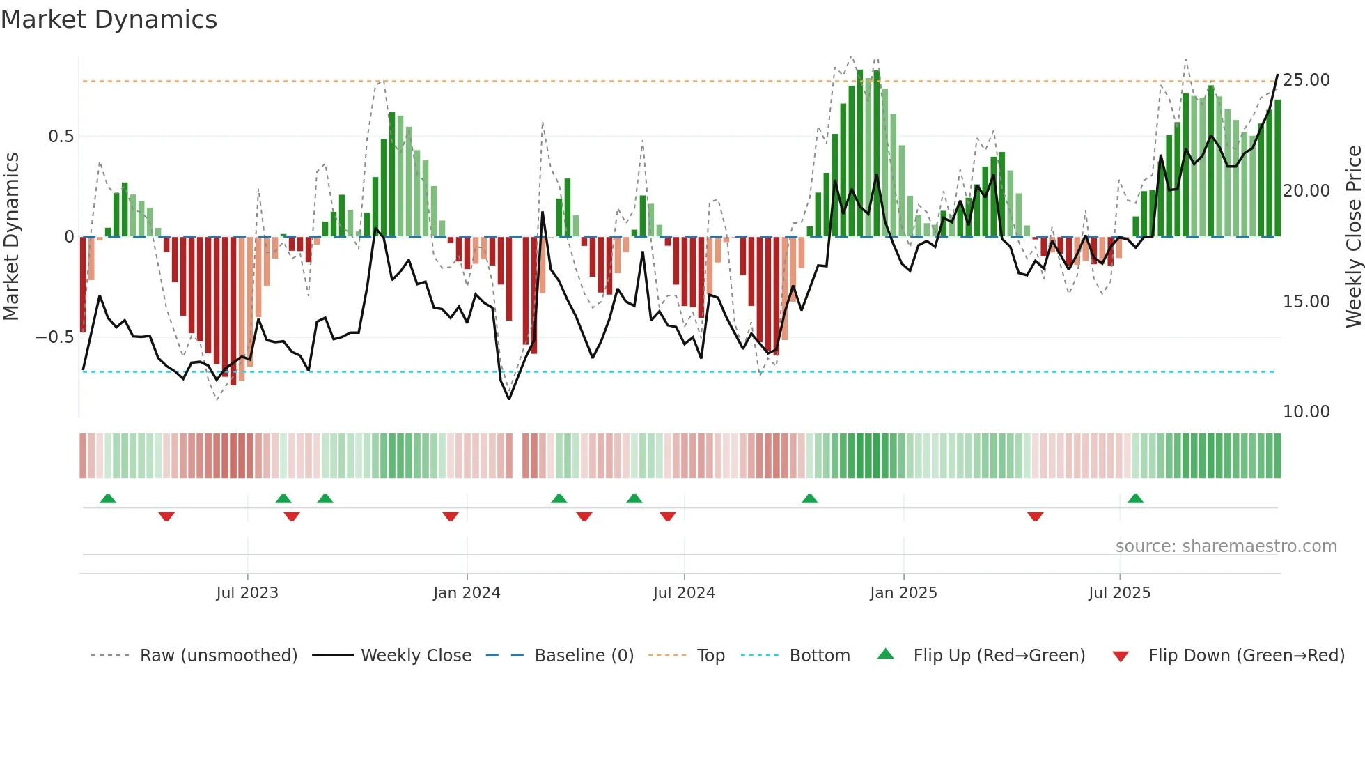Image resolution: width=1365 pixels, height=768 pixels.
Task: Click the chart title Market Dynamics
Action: click(109, 20)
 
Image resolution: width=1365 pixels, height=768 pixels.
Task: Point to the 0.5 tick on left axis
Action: click(61, 137)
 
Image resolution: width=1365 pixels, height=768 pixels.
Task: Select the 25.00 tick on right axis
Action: click(1306, 80)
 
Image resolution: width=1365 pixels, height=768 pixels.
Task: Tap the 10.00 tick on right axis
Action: click(1306, 412)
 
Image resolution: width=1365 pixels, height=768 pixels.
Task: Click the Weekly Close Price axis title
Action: click(1353, 236)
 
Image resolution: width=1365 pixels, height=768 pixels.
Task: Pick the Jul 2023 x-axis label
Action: click(247, 593)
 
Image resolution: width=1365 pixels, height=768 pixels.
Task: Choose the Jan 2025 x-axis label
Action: click(903, 593)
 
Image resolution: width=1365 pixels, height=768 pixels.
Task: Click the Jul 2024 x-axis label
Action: click(684, 593)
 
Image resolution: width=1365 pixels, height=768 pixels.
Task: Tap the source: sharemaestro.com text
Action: click(1226, 546)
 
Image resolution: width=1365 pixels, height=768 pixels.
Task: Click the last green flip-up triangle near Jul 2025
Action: click(1135, 499)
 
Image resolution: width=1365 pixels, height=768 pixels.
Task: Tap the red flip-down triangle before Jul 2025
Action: click(1035, 516)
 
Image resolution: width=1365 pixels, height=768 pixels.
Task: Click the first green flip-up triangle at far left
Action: click(108, 499)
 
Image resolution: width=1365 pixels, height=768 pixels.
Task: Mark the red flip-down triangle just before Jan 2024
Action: click(451, 516)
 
